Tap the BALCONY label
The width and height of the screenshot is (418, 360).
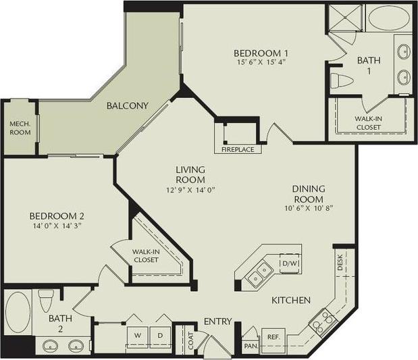pyautogui.click(x=127, y=106)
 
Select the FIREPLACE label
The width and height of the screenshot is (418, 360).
pyautogui.click(x=236, y=149)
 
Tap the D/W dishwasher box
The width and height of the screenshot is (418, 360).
pyautogui.click(x=290, y=263)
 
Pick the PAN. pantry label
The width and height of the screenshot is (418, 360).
pyautogui.click(x=251, y=346)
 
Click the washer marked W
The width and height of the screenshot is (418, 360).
pyautogui.click(x=137, y=334)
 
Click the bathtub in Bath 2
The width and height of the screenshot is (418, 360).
pyautogui.click(x=18, y=312)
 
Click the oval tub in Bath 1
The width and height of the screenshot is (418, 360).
pyautogui.click(x=388, y=18)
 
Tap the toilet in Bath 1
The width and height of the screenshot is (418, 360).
pyautogui.click(x=342, y=82)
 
